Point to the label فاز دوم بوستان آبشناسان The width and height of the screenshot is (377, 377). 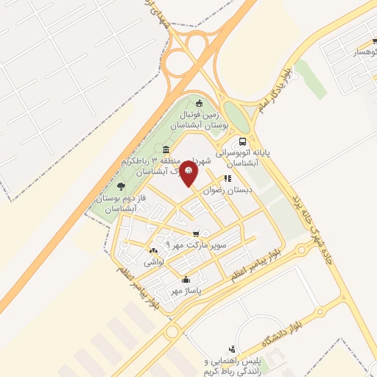point(118,204)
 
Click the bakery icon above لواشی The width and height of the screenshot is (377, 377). point(153,250)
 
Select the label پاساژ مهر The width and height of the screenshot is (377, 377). point(186,291)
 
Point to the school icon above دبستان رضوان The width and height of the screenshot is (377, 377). point(228,178)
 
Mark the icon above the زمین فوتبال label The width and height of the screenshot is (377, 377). point(199,102)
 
